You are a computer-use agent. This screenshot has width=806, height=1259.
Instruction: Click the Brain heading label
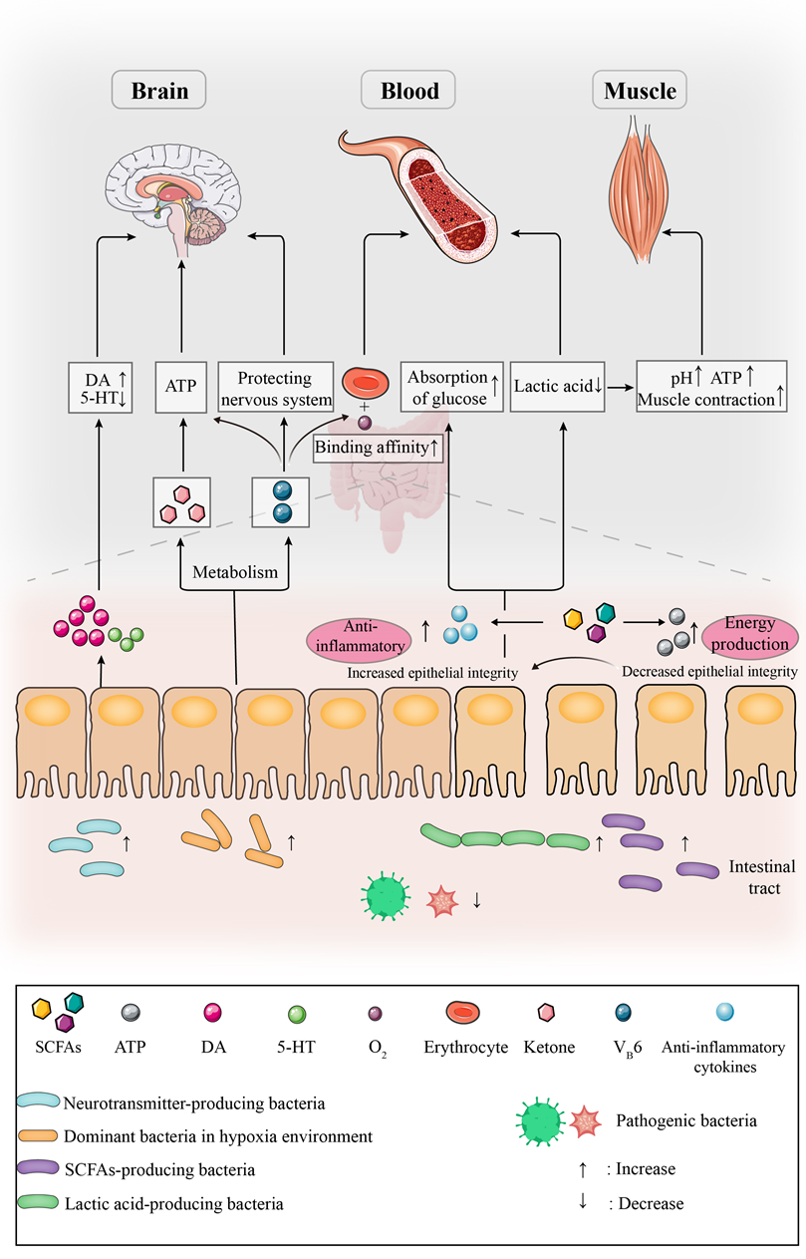[x=160, y=92]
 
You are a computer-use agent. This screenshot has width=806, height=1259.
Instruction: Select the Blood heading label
[x=408, y=92]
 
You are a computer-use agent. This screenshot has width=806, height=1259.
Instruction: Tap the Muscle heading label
[x=641, y=92]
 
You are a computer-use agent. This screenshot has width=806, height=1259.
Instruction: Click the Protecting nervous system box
[x=276, y=388]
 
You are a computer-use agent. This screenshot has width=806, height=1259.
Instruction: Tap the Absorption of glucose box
[x=450, y=387]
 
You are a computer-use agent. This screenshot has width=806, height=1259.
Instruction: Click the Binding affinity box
[x=379, y=448]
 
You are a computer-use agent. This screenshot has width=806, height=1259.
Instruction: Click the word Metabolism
[x=235, y=573]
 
